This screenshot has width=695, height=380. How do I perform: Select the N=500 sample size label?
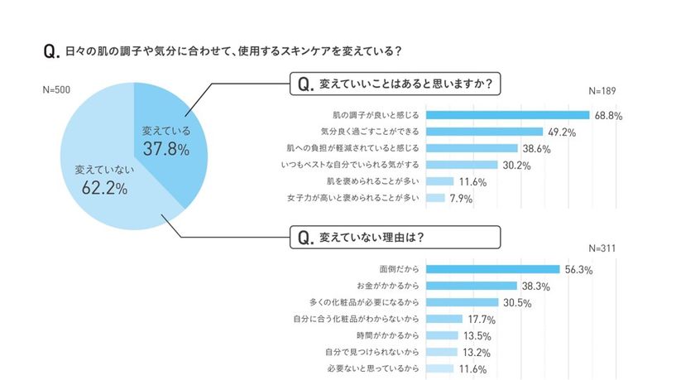56,89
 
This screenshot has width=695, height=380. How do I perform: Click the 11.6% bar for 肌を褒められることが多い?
440,181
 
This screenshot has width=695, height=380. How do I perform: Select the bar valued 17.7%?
444,319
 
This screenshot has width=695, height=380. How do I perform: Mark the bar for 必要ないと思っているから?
440,368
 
